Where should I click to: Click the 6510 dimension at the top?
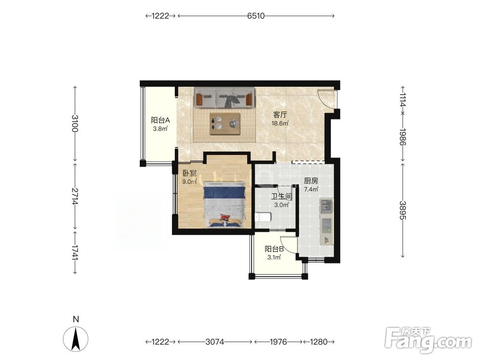(256, 16)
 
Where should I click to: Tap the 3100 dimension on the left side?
(75, 123)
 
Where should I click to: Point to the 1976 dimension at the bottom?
(278, 341)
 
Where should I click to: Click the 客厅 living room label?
(280, 115)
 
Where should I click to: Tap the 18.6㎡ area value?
(280, 123)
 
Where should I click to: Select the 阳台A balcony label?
(160, 120)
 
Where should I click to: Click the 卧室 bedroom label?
(189, 174)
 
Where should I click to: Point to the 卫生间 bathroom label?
(281, 196)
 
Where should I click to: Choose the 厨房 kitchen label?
(311, 181)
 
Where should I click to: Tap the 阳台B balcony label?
(274, 249)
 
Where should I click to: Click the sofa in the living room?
(224, 97)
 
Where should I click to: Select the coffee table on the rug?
(225, 124)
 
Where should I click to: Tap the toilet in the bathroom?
(263, 217)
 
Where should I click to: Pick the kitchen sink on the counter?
(326, 206)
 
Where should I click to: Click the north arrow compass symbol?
(76, 338)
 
